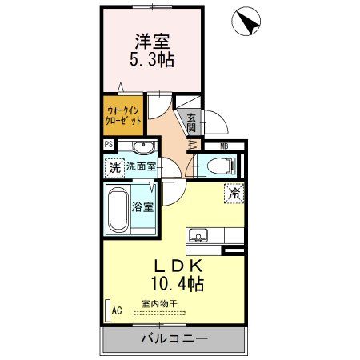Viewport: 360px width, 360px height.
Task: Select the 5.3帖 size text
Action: [x=151, y=58]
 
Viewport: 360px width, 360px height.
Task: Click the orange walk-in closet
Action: [x=123, y=114]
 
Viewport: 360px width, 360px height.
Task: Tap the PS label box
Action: [x=109, y=145]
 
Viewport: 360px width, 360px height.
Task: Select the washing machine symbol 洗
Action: [x=114, y=168]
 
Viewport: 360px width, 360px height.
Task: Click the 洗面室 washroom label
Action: [x=142, y=168]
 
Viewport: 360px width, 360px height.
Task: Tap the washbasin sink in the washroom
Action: [x=144, y=147]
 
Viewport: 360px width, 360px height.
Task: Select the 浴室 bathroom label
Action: [x=142, y=206]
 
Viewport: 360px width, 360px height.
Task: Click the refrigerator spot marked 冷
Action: [x=234, y=192]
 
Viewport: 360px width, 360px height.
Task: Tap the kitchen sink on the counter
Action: [x=199, y=235]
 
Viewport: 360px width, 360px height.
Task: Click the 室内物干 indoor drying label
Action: [x=160, y=303]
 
